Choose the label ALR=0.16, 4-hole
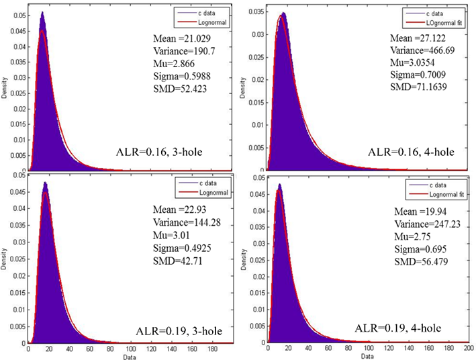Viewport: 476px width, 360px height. (411, 152)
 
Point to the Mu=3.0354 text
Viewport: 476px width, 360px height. (414, 62)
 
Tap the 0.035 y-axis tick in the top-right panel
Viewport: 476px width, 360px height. (258, 12)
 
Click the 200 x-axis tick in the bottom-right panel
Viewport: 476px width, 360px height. (466, 350)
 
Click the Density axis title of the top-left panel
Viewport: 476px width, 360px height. (5, 91)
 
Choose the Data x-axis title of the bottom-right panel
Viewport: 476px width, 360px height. (369, 357)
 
